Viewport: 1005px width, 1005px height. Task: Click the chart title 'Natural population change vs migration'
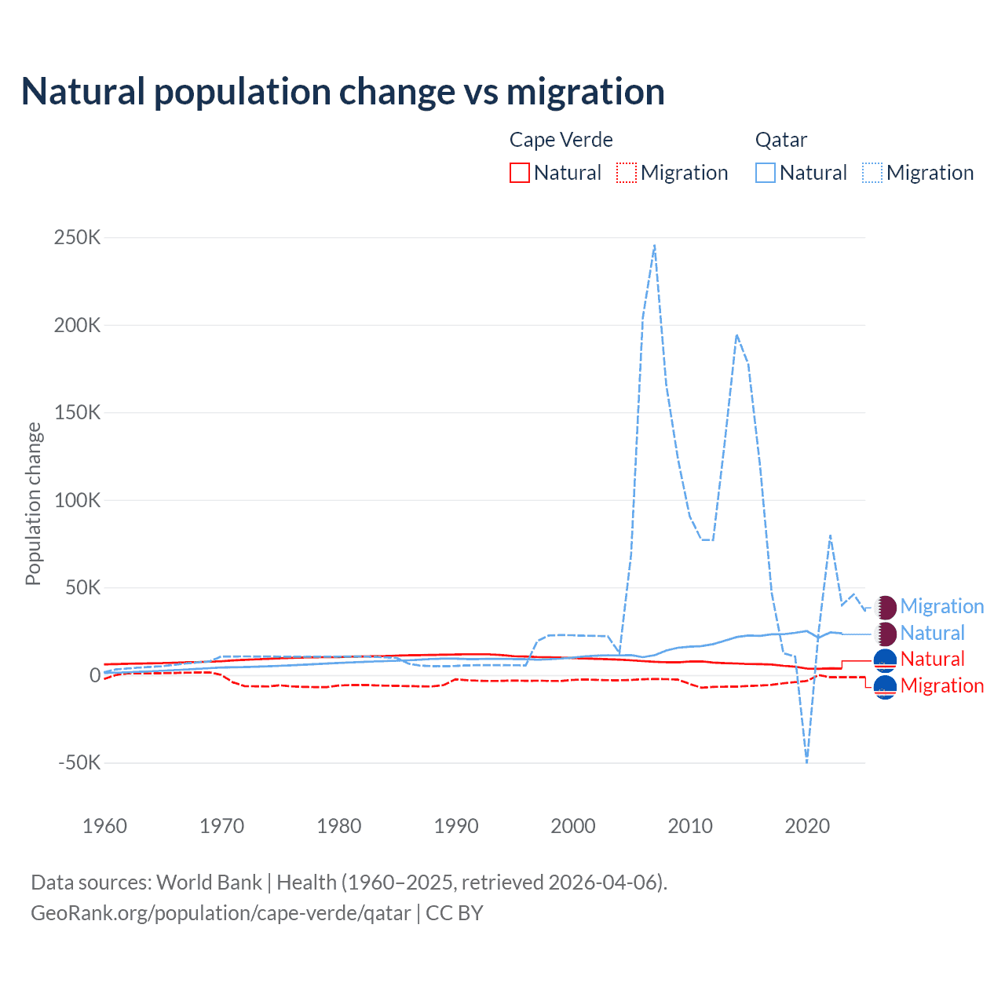tap(342, 92)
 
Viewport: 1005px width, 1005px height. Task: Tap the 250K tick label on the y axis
tap(77, 237)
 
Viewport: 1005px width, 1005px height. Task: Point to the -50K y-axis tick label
tap(79, 762)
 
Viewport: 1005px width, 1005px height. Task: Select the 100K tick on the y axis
tap(77, 500)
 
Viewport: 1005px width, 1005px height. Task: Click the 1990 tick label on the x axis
tap(456, 826)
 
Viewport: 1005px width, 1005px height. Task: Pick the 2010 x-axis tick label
tap(690, 826)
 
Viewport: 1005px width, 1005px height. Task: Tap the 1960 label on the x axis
tap(104, 826)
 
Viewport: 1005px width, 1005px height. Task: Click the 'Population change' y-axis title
tap(33, 503)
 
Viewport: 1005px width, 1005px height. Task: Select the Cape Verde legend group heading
tap(561, 140)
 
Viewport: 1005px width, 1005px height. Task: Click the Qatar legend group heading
tap(780, 140)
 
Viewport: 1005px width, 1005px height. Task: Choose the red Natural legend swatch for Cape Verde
tap(520, 173)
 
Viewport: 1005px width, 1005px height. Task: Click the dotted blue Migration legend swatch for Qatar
tap(872, 173)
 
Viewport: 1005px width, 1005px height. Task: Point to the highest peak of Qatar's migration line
tap(655, 245)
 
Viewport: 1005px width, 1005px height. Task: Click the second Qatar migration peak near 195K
tap(736, 335)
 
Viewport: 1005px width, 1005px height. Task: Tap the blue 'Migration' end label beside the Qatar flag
tap(941, 606)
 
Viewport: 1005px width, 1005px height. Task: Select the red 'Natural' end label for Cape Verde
tap(932, 659)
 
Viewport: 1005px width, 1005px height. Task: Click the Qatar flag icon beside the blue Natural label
tap(886, 633)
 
